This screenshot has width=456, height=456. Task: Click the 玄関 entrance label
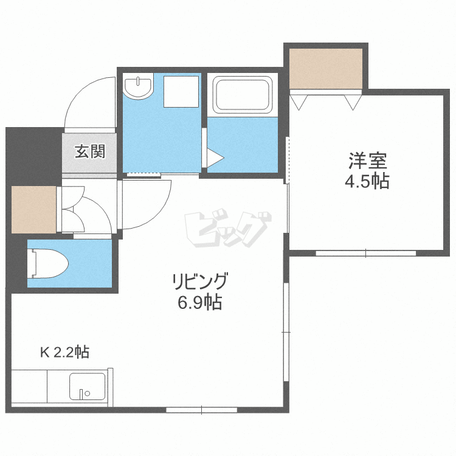point(90,151)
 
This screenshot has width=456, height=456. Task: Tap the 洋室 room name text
point(368,162)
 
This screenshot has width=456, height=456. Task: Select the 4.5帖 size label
point(368,181)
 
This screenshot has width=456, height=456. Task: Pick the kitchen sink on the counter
point(87,386)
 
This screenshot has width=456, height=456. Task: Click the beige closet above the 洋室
point(326,67)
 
